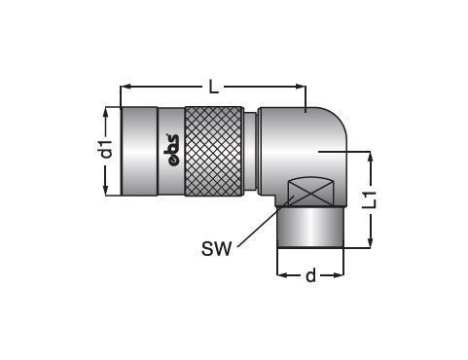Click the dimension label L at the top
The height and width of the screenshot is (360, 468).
[213, 87]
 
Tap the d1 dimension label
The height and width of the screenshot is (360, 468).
[106, 149]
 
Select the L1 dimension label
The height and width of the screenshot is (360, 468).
[370, 199]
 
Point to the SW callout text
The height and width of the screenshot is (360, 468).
[217, 249]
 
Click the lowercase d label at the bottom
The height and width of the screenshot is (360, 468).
[310, 275]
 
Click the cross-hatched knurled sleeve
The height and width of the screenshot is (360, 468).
[214, 151]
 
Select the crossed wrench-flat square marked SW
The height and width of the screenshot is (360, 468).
[310, 192]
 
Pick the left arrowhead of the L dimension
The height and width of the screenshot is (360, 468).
[126, 87]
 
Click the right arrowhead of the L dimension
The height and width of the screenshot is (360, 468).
[301, 87]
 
